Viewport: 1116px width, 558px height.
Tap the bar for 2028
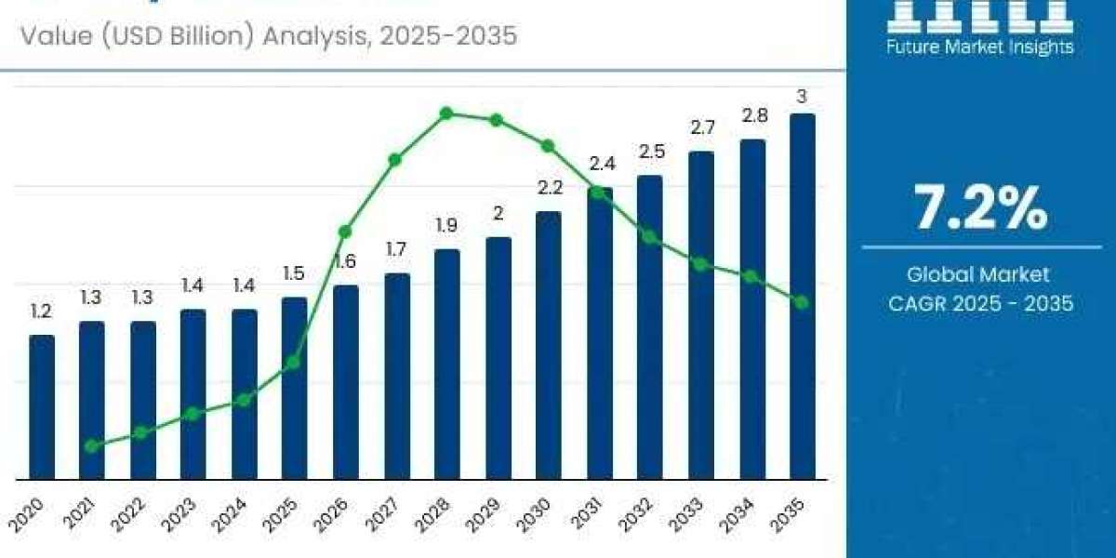click(x=447, y=364)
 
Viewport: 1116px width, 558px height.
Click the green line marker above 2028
click(x=446, y=113)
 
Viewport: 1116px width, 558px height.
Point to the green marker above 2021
click(x=91, y=446)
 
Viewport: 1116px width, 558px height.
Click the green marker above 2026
click(x=345, y=231)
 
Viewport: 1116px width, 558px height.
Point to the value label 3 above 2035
click(x=802, y=96)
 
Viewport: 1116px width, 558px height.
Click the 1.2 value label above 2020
click(x=41, y=312)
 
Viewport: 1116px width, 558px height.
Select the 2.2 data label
click(x=549, y=188)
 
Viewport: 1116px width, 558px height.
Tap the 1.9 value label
click(x=447, y=226)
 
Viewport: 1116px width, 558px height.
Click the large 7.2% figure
click(x=981, y=208)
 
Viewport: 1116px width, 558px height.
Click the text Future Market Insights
click(x=980, y=46)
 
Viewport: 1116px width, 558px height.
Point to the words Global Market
click(x=978, y=274)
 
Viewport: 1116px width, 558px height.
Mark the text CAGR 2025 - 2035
click(x=980, y=303)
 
